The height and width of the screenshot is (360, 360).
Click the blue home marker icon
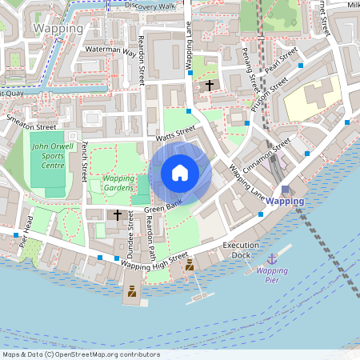(180, 173)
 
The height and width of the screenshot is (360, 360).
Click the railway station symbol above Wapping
(286, 189)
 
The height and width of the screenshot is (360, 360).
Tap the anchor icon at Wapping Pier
(272, 258)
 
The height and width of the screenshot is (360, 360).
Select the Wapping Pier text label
(272, 276)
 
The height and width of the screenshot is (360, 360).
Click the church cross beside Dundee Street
(118, 214)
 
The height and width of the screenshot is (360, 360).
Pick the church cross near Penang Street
(210, 85)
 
